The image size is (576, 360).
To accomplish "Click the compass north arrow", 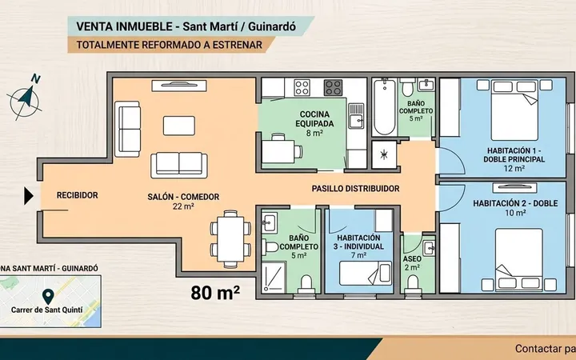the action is tap(26, 97).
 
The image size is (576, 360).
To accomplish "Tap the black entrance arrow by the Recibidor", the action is tap(29, 196).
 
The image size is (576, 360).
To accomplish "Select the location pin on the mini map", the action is tap(48, 297).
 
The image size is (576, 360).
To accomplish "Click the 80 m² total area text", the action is tap(215, 293).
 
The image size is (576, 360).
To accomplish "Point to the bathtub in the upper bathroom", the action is tap(384, 106).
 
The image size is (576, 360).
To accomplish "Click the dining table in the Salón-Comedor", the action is tap(230, 238).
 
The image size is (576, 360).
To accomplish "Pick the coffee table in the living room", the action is tap(179, 126).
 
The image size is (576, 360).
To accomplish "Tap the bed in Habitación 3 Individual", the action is tap(365, 273).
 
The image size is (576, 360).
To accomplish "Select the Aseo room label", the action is tap(412, 259).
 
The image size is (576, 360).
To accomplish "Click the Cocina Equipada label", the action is tap(314, 119).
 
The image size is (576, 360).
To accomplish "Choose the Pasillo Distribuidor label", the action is tap(355, 189).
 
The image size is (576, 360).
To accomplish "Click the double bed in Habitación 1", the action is tap(514, 110).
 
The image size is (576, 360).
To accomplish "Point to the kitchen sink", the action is tap(356, 116).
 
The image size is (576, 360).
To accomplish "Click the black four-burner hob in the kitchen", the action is tap(333, 88).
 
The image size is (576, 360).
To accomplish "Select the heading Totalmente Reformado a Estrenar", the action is tap(170, 45).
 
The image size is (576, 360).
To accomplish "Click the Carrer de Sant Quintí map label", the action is tap(46, 310).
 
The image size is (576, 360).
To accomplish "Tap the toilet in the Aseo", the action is tap(413, 284).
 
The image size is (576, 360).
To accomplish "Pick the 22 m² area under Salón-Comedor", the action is tap(183, 206).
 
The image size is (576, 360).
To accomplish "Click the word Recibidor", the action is tap(77, 195).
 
